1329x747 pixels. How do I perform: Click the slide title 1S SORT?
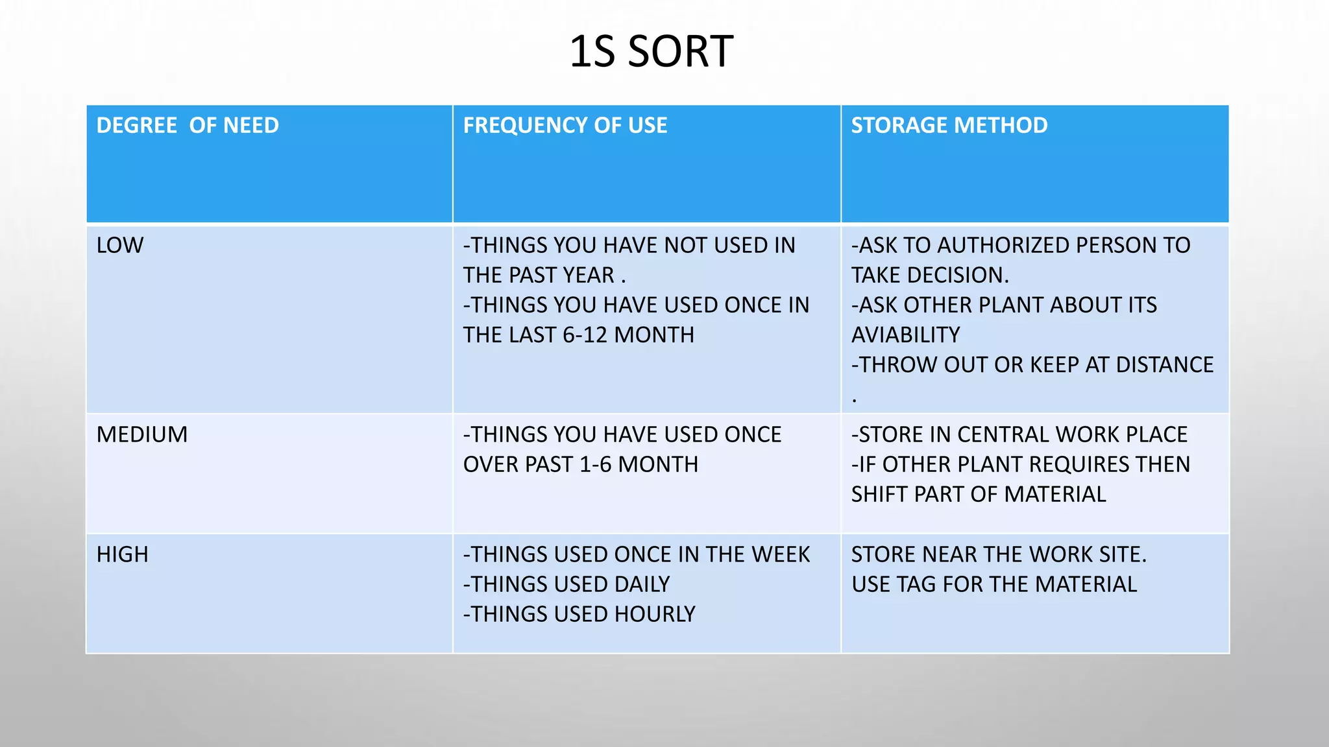pyautogui.click(x=651, y=52)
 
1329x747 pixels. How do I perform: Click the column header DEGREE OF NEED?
pyautogui.click(x=188, y=125)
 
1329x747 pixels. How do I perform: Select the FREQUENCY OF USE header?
pyautogui.click(x=565, y=125)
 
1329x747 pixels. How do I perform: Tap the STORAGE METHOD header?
pyautogui.click(x=949, y=125)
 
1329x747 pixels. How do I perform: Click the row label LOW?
pyautogui.click(x=120, y=245)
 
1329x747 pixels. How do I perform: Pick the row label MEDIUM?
pyautogui.click(x=142, y=434)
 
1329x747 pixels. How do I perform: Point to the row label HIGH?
pyautogui.click(x=123, y=554)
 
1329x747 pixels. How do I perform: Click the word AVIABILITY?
pyautogui.click(x=905, y=335)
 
